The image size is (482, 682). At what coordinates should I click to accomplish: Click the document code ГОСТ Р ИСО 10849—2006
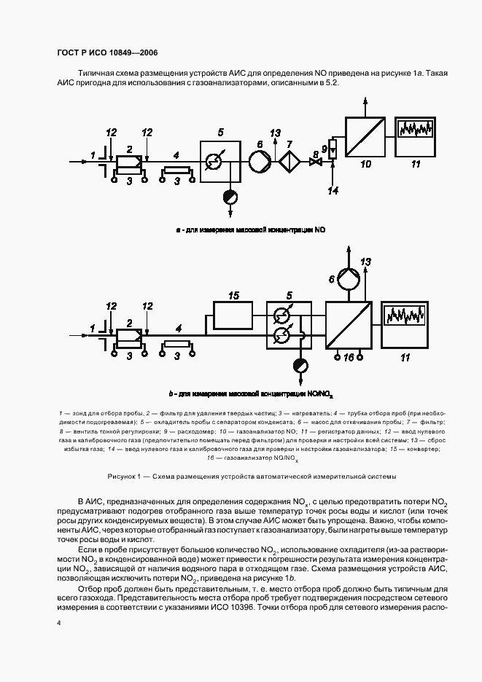[x=107, y=53]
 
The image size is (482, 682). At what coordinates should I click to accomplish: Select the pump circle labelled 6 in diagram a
[x=260, y=160]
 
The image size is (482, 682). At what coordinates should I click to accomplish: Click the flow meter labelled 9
[x=333, y=150]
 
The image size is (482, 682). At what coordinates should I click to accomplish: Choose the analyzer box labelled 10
[x=364, y=136]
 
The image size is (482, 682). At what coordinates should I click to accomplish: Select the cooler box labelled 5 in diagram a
[x=222, y=160]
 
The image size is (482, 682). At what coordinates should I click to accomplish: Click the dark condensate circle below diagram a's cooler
[x=230, y=196]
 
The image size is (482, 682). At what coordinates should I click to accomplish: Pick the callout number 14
[x=333, y=191]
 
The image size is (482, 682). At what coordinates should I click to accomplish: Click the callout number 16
[x=349, y=357]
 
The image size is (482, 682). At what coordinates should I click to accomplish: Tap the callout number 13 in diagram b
[x=366, y=262]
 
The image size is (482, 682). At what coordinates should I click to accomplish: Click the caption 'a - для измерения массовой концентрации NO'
[x=250, y=230]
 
